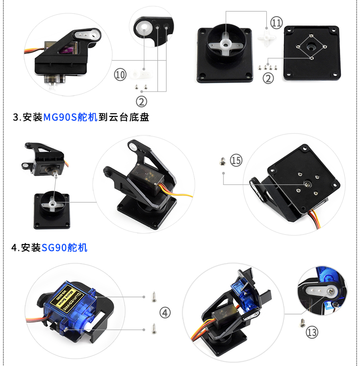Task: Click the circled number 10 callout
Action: pos(120,74)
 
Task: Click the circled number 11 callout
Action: pos(276,22)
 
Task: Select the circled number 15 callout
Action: pos(236,160)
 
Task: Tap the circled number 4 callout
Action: pos(165,312)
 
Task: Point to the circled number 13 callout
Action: pos(312,332)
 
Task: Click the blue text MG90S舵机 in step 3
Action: pos(70,117)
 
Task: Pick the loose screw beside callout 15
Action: pos(221,161)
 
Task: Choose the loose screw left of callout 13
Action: pos(302,322)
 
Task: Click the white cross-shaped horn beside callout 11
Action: pos(267,37)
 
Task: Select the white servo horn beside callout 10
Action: pos(139,74)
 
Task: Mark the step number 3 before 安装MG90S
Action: pos(15,117)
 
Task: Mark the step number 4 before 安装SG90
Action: pos(14,248)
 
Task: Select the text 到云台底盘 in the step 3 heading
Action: pos(124,117)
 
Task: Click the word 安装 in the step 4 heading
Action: pos(31,248)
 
